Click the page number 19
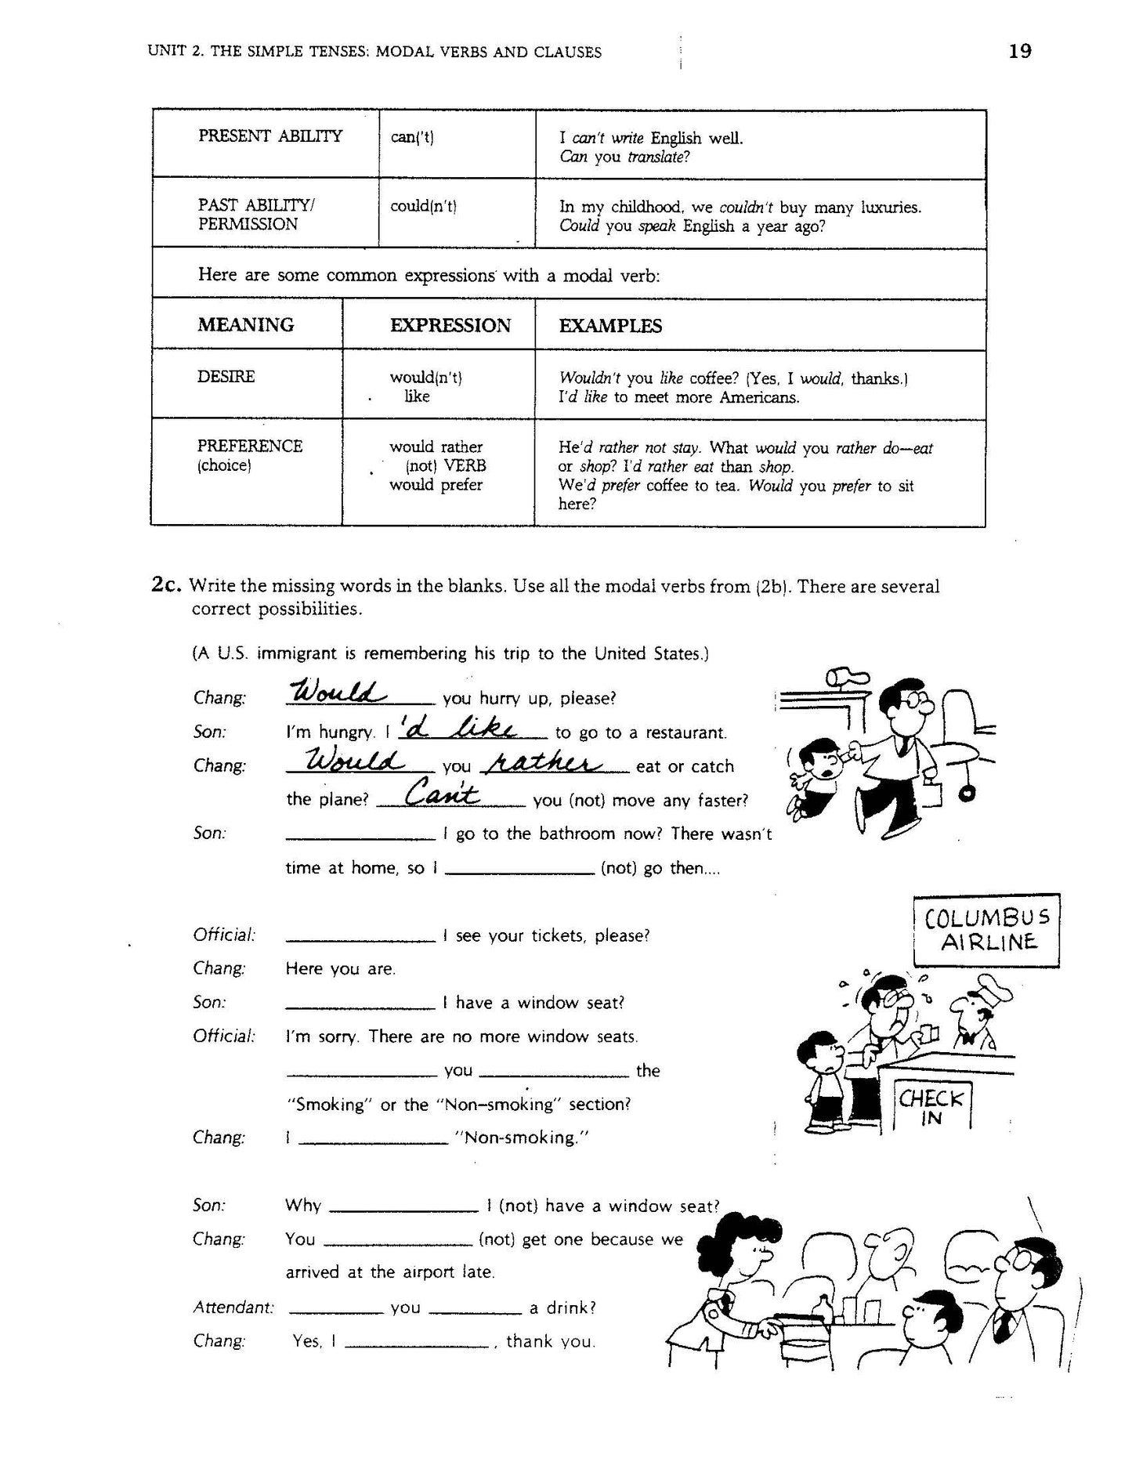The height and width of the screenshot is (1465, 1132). pyautogui.click(x=1020, y=52)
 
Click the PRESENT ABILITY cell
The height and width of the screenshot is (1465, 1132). pyautogui.click(x=269, y=136)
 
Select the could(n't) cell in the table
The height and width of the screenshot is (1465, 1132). pyautogui.click(x=423, y=207)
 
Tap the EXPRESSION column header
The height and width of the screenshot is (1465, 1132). pyautogui.click(x=450, y=326)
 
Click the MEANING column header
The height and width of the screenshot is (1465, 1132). pyautogui.click(x=245, y=325)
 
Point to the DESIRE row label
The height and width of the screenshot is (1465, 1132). pyautogui.click(x=226, y=377)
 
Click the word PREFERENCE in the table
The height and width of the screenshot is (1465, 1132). pyautogui.click(x=249, y=447)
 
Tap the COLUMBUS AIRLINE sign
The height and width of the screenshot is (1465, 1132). pyautogui.click(x=986, y=930)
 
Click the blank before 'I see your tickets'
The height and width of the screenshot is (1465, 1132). pyautogui.click(x=360, y=937)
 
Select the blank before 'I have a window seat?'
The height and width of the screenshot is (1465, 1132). pyautogui.click(x=360, y=1004)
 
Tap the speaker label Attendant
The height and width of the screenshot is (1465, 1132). pyautogui.click(x=233, y=1308)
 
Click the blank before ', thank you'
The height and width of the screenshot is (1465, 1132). pyautogui.click(x=417, y=1343)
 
